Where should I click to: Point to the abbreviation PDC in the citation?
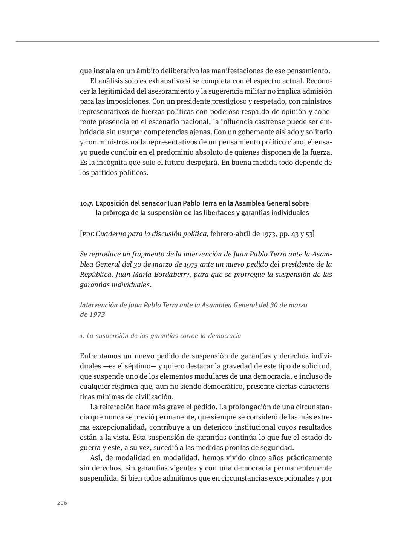88,234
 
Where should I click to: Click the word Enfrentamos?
100,356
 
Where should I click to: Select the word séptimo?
134,366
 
